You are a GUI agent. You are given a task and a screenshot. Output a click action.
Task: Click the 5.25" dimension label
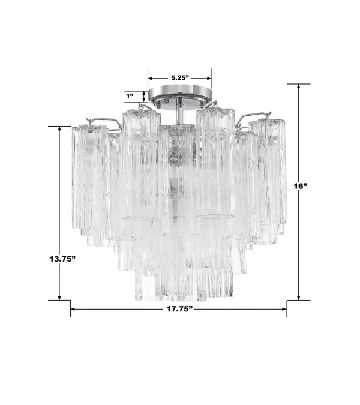[180, 78]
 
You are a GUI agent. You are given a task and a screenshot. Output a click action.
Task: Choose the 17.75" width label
[178, 310]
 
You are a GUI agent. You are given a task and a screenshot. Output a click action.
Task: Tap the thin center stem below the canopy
[181, 113]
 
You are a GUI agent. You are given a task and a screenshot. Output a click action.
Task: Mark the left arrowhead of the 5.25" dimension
[151, 78]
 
